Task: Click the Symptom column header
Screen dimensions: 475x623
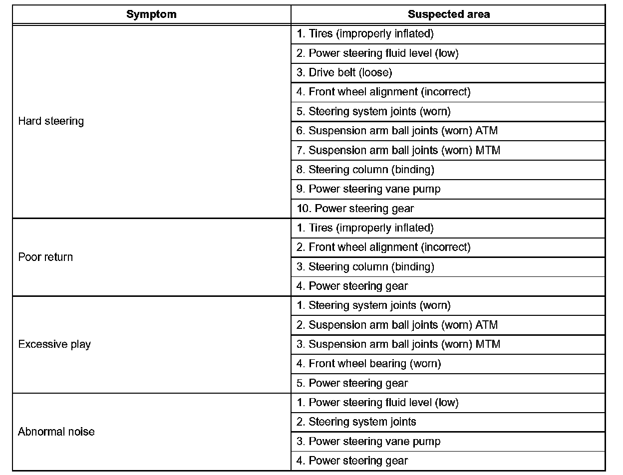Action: [151, 14]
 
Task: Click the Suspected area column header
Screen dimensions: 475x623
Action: [448, 14]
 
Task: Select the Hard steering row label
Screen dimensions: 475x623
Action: [51, 121]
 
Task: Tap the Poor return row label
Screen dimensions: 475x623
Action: [45, 257]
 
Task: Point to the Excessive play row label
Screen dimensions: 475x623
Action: [54, 344]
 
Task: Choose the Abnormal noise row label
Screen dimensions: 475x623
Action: [56, 432]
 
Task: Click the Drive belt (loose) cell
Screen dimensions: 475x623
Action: [344, 72]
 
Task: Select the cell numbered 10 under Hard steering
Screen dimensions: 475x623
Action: [355, 209]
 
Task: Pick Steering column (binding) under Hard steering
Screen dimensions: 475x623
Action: [365, 170]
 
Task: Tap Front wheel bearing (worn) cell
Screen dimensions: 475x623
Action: [369, 364]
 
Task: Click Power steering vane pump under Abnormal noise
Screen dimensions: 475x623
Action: [369, 442]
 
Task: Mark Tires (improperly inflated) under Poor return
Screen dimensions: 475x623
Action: [365, 228]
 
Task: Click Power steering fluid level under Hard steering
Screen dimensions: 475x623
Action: [377, 53]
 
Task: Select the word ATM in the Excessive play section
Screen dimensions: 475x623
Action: [487, 325]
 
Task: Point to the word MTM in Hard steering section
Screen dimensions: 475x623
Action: [488, 150]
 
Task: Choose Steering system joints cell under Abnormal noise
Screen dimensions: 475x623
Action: [356, 422]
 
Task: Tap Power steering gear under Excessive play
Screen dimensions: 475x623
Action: [352, 383]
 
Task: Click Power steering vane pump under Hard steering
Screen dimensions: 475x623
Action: [369, 189]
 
